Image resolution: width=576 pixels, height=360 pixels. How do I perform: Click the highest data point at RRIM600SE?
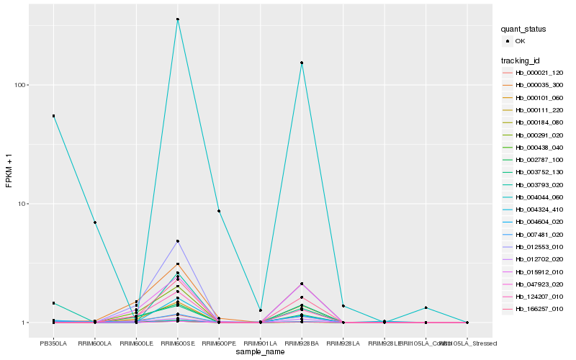(177, 19)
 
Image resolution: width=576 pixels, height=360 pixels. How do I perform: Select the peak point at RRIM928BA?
(302, 63)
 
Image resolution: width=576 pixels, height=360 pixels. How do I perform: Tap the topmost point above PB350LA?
(53, 116)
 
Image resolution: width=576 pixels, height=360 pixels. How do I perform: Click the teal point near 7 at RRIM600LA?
(95, 222)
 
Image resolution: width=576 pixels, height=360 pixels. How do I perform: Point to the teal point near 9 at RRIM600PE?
(219, 211)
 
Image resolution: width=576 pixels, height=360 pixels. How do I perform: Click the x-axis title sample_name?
(260, 352)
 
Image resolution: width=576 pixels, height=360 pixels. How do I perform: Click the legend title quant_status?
(524, 30)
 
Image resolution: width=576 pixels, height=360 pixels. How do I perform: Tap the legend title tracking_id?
(521, 60)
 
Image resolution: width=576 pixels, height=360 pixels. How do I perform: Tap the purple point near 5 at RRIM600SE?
(177, 241)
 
